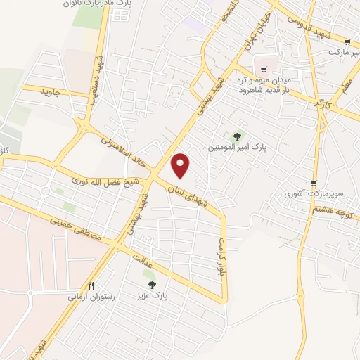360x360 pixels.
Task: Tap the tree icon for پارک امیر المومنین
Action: tap(237, 136)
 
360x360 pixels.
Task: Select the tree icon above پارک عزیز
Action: tap(152, 284)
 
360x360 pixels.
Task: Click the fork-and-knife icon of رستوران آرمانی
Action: tap(91, 285)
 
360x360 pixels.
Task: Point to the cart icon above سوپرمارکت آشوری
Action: tap(314, 182)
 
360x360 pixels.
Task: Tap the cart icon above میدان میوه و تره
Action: tap(264, 69)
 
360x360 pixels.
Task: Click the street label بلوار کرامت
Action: tap(218, 257)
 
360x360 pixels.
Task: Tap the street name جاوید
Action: tap(52, 92)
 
